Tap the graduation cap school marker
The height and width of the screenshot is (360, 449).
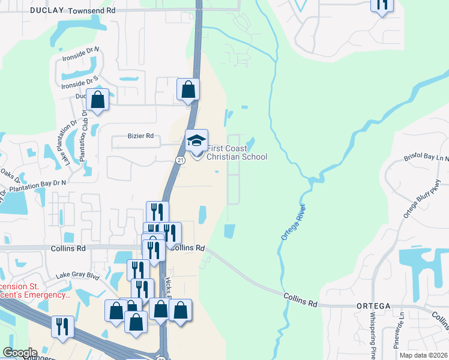coord(196,141)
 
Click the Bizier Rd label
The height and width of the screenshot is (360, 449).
coord(140,136)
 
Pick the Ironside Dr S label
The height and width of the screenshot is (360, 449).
coord(79,83)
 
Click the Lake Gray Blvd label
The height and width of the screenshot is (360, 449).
coord(77,275)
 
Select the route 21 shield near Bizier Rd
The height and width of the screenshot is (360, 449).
coord(180,160)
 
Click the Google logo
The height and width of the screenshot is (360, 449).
coord(19,353)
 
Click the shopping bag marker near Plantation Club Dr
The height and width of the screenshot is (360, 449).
coord(97,98)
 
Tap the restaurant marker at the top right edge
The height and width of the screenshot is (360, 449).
coord(382,5)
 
